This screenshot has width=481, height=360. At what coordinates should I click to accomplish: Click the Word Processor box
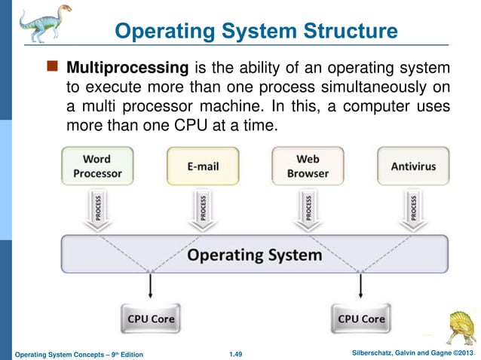pos(97,166)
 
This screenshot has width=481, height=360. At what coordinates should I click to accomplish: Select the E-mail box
pos(202,166)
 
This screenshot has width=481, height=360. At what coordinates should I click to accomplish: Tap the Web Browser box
pos(308,166)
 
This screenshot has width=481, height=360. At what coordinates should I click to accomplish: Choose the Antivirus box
pos(413,166)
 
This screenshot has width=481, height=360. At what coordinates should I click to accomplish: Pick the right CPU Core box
pos(361,319)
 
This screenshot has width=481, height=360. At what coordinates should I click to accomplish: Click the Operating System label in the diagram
pos(255,255)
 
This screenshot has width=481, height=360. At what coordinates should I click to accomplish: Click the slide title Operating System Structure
pos(256,32)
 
